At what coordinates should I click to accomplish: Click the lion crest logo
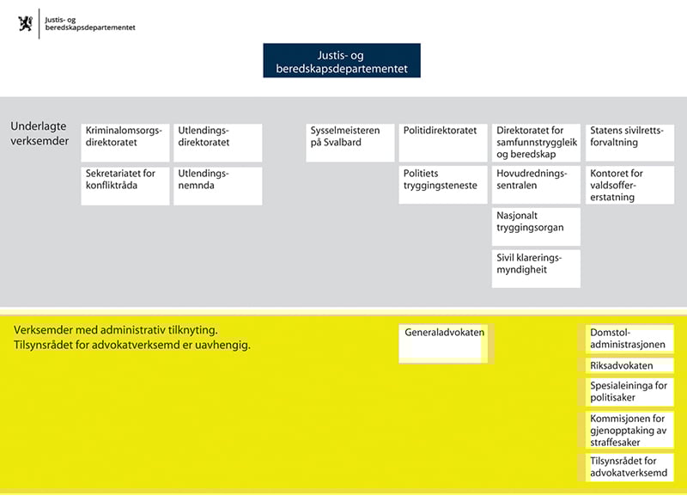click(26, 22)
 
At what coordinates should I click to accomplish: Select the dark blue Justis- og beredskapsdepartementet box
click(342, 61)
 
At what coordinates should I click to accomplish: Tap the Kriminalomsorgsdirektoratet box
click(125, 143)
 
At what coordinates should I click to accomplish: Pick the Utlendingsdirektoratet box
click(218, 143)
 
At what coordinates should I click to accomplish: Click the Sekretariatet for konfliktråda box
click(125, 186)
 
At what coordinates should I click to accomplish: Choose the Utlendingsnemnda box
click(218, 186)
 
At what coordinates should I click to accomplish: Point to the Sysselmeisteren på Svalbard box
click(349, 143)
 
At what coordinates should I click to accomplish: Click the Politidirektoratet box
click(442, 143)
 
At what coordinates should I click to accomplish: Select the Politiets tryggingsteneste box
click(442, 186)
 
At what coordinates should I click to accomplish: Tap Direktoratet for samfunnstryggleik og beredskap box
click(537, 143)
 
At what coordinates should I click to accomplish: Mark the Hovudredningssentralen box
click(537, 186)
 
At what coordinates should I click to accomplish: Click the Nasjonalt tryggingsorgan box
click(537, 227)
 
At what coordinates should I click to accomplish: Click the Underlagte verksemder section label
click(40, 133)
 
